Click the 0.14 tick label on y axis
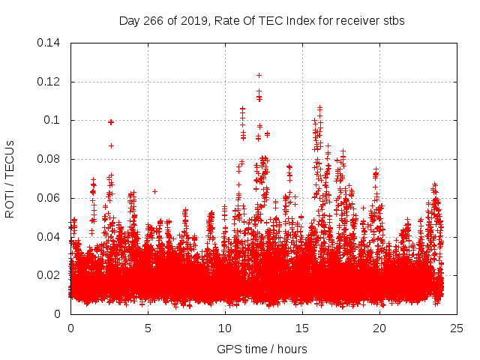tap(49, 43)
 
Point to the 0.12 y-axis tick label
tap(49, 82)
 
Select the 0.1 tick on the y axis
tap(54, 120)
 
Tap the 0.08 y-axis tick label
tap(49, 159)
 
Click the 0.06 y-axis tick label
tap(49, 198)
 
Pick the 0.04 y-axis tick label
tap(49, 237)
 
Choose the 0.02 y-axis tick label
tap(49, 275)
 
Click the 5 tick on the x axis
tap(148, 328)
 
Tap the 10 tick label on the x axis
tap(225, 328)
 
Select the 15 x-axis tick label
tap(302, 328)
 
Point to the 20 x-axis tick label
tap(379, 328)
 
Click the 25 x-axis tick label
tap(457, 328)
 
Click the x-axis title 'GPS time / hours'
tap(262, 349)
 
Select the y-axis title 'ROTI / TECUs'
tap(10, 178)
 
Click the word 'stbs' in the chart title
tap(394, 21)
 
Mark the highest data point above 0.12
tap(259, 75)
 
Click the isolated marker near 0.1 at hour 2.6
tap(111, 121)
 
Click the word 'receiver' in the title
tap(355, 21)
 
